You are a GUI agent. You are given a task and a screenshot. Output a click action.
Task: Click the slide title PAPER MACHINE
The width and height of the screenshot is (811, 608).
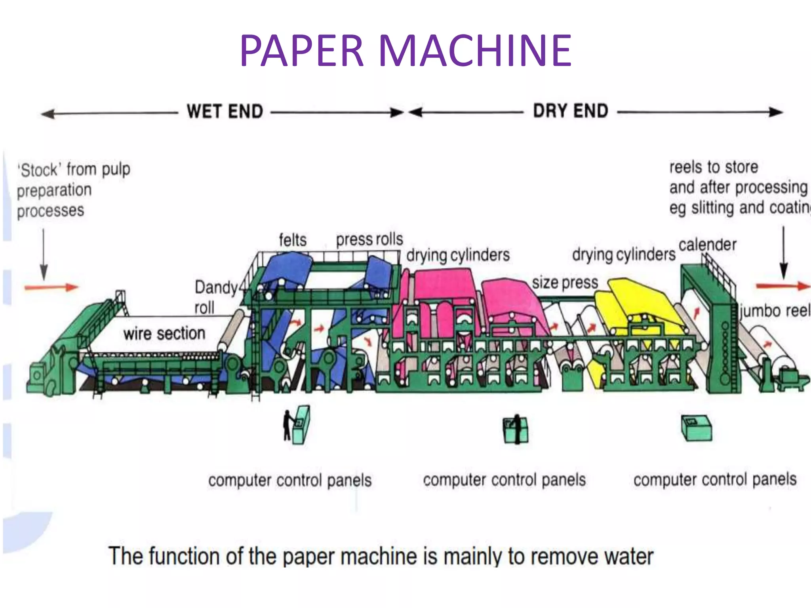coord(405,51)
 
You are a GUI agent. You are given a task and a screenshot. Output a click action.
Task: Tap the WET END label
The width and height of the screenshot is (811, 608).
coord(225,111)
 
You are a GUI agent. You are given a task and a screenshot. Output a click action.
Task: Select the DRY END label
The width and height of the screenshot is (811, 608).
coord(570,110)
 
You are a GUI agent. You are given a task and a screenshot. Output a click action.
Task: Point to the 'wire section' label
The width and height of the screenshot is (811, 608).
coord(164,333)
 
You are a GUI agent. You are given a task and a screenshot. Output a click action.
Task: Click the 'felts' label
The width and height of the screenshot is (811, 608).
coord(293,240)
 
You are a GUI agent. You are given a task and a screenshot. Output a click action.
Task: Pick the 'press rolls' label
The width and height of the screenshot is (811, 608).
coord(369,239)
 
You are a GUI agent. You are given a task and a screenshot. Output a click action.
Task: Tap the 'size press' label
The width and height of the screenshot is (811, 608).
coord(565,282)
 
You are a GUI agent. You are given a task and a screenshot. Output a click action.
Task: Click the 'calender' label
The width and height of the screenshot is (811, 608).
coord(708,245)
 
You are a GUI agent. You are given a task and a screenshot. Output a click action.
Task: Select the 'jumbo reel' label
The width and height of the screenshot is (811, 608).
coord(775,310)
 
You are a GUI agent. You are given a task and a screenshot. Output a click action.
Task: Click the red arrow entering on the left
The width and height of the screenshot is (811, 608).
coord(51,287)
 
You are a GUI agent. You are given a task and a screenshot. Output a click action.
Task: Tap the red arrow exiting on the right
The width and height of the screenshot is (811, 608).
coord(782,286)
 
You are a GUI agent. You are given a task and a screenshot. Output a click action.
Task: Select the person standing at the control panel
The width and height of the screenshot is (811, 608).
coord(287,426)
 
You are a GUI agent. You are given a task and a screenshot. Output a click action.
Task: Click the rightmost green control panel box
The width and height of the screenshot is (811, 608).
coord(696,428)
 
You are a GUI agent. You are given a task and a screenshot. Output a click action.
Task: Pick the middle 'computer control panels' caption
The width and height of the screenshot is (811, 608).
coord(504,480)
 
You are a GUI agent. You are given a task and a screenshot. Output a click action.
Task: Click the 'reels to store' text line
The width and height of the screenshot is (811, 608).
coord(714,167)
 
